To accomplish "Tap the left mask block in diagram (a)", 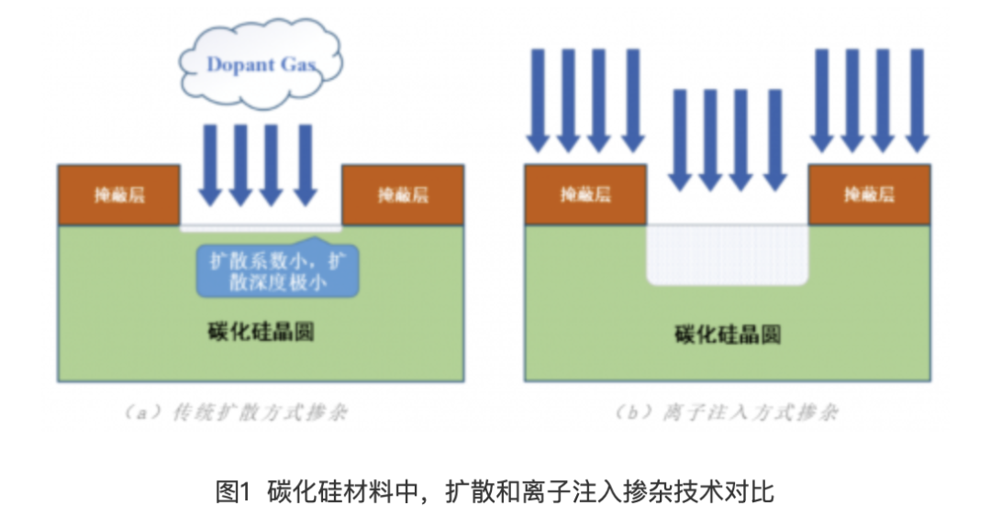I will pos(118,194).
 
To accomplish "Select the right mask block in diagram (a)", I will pos(402,194).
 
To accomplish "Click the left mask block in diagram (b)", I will pos(585,194).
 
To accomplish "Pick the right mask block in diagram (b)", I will pos(869,194).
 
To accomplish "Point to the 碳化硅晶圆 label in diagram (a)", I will pos(261,331).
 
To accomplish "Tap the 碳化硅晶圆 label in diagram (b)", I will pos(727,334).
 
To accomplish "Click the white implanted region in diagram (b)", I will pos(728,254).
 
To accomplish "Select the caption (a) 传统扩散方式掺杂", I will pos(236,412).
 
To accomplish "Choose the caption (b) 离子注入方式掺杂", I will pos(726,412).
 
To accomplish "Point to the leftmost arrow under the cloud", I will pos(211,165).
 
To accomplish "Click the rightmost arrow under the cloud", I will pos(306,165).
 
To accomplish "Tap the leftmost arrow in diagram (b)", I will pos(539,101).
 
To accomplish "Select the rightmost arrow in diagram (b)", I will pos(917,101).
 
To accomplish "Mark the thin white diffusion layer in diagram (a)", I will pos(261,225).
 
